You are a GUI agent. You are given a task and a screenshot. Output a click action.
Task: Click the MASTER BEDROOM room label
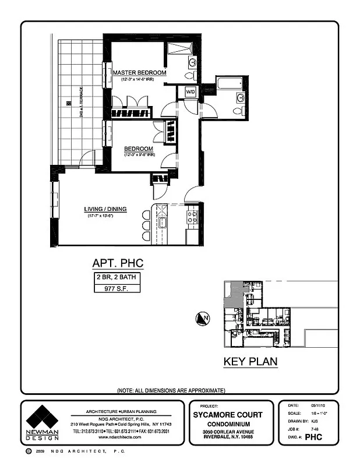point(135,72)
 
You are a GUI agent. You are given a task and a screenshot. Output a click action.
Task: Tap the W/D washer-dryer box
point(190,92)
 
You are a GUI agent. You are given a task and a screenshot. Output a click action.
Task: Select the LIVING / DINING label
point(105,209)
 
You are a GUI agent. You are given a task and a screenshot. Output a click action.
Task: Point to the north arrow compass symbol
point(203,318)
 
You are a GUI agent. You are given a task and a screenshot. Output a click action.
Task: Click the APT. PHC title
point(118,263)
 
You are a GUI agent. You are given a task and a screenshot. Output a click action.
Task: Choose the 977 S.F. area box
point(117,287)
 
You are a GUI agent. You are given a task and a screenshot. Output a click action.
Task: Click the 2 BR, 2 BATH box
point(117,277)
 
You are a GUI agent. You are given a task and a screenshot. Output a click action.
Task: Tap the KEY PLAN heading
point(250,362)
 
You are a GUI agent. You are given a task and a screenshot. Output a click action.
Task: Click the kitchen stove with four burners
point(192,217)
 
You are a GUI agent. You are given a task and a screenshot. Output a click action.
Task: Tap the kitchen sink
point(164,221)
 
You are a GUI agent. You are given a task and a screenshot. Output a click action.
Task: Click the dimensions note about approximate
point(171,390)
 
